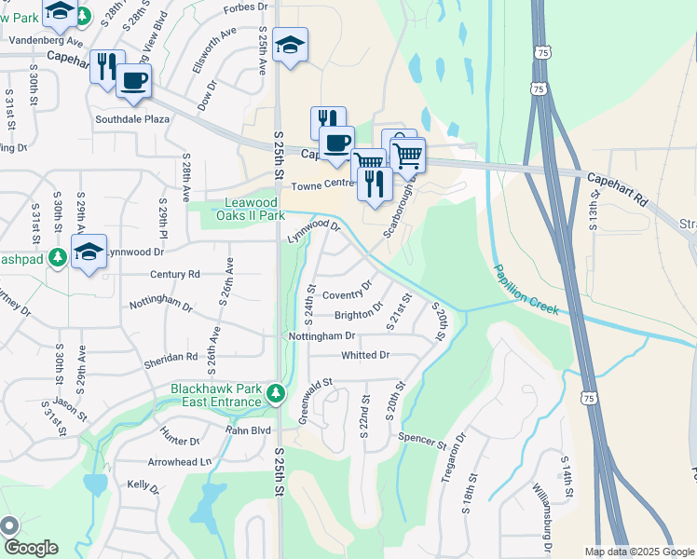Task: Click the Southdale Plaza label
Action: [132, 119]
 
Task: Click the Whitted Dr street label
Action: [365, 355]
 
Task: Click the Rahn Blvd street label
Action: [248, 430]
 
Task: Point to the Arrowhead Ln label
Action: [180, 461]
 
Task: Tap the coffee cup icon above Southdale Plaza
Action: [133, 81]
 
